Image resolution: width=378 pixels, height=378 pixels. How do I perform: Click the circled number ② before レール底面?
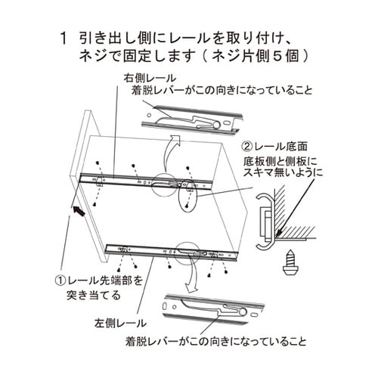click(x=247, y=146)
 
